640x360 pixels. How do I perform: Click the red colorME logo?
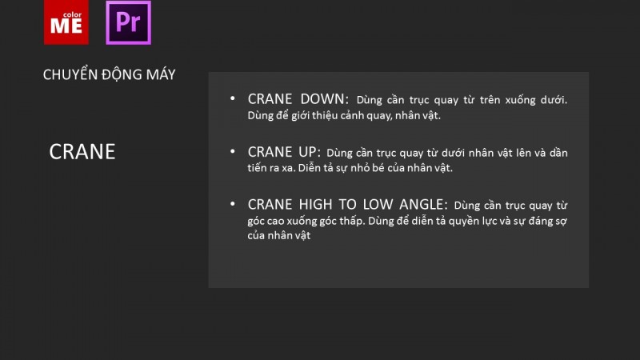pos(66,22)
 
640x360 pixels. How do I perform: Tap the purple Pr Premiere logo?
pos(129,22)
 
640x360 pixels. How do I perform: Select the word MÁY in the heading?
pos(161,74)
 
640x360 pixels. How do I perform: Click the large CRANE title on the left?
pos(82,151)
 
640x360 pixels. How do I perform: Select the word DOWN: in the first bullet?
pos(325,98)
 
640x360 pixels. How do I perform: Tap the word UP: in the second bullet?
pos(310,152)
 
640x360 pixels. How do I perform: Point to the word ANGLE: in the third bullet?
pos(424,205)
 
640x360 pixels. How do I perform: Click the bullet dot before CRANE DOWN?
pos(233,98)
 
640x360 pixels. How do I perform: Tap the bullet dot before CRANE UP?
pos(233,151)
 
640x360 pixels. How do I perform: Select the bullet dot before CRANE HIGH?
pos(233,204)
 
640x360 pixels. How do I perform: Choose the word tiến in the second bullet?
pos(257,168)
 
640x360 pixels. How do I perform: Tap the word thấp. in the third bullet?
pos(353,221)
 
